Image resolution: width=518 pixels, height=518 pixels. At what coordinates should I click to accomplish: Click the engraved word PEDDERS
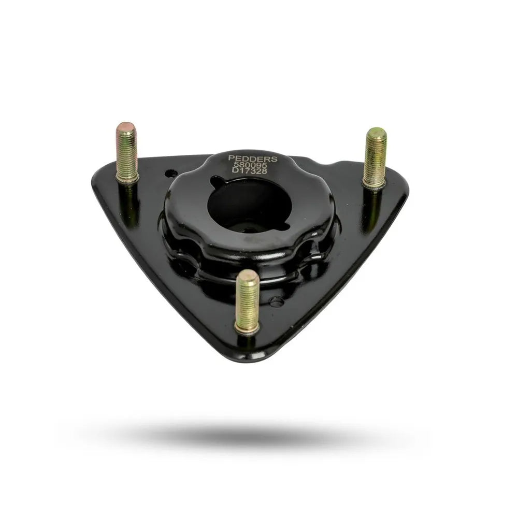pos(253,158)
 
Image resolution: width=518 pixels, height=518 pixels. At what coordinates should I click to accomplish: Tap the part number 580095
pos(253,165)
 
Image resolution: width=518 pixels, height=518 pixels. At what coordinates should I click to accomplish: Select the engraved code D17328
pos(253,171)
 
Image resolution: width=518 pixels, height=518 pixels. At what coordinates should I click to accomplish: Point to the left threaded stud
pos(127,153)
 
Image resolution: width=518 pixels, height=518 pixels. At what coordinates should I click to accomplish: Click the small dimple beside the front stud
pos(277,301)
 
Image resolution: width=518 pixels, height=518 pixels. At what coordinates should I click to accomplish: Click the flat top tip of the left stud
pos(126,126)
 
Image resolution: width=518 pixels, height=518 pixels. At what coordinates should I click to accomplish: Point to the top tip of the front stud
pos(248,274)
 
